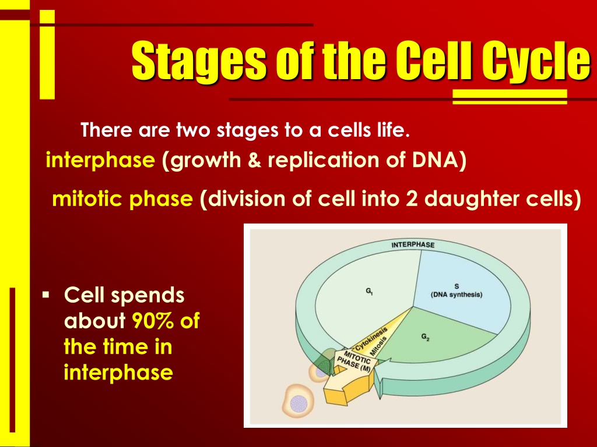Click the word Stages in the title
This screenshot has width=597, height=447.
(x=198, y=60)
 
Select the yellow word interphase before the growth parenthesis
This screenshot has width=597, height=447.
(x=100, y=160)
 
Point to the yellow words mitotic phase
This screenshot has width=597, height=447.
(x=122, y=199)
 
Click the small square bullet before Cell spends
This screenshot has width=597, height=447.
(x=46, y=295)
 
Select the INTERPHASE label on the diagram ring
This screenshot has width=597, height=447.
(x=413, y=244)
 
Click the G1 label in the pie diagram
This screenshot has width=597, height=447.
(x=369, y=291)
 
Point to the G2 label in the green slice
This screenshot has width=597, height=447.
(x=425, y=337)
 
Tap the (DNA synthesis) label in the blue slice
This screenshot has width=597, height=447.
(x=456, y=295)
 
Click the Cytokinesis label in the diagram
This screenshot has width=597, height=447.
(x=371, y=338)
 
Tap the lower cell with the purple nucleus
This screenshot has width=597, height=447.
(x=298, y=400)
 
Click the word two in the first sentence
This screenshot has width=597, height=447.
(x=193, y=130)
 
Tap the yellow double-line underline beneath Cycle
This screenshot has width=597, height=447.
(x=510, y=97)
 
